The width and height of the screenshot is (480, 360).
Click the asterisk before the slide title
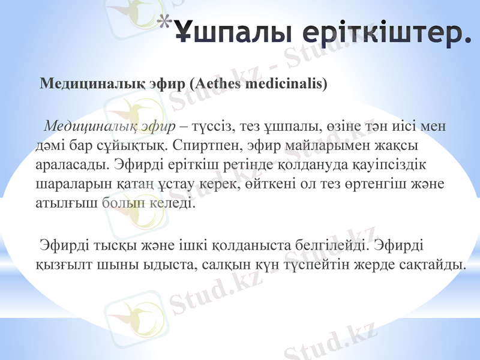(167, 23)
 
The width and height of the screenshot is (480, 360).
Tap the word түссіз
(209, 126)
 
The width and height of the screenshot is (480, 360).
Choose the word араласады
(66, 164)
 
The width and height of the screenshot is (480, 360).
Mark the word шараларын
(68, 184)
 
